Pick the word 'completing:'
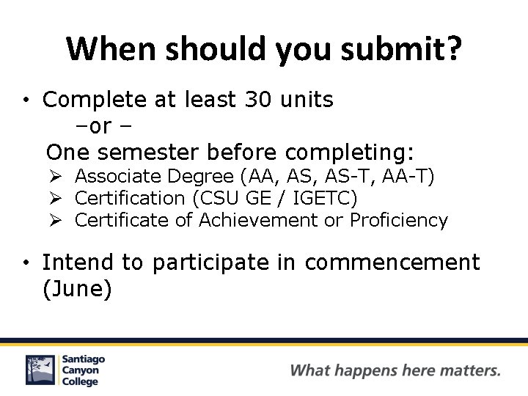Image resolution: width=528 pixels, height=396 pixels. click(x=350, y=152)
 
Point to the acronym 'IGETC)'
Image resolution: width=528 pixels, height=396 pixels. click(x=325, y=198)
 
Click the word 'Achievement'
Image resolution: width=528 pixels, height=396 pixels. click(x=259, y=220)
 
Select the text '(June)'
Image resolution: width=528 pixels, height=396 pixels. click(x=77, y=289)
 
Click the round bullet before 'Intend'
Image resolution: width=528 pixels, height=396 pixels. click(x=25, y=263)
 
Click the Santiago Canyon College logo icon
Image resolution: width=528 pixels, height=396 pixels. click(x=40, y=370)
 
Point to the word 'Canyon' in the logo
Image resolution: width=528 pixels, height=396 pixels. click(x=81, y=370)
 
